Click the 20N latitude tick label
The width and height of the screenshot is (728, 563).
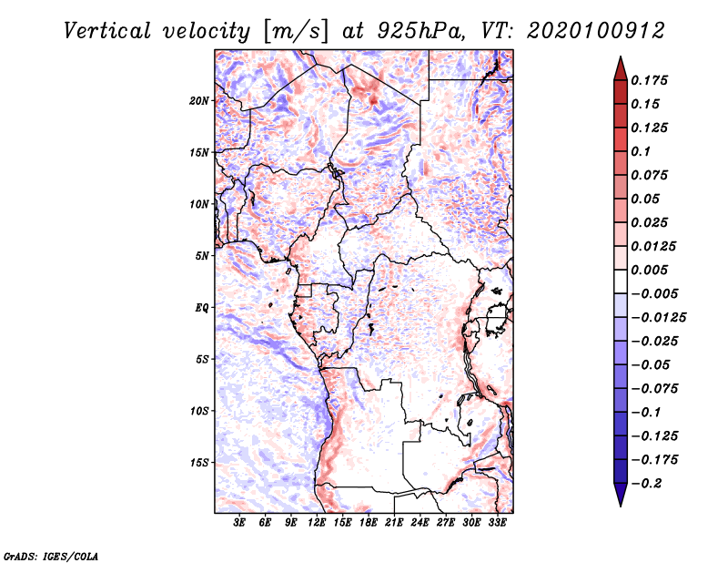click(198, 101)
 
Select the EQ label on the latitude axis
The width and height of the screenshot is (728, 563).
click(201, 308)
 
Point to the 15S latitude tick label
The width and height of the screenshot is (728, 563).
click(199, 463)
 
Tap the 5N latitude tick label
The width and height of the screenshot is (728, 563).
click(201, 256)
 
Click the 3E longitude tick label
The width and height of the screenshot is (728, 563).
click(239, 523)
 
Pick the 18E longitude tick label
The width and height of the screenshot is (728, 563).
click(369, 523)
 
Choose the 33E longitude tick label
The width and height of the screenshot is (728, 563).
click(497, 523)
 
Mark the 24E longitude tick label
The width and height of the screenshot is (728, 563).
click(420, 523)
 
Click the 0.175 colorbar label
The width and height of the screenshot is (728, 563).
click(649, 80)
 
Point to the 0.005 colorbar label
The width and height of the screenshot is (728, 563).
click(649, 270)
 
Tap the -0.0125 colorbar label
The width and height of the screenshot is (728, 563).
click(658, 318)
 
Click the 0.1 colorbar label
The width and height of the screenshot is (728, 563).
click(641, 151)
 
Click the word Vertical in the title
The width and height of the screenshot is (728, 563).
click(107, 31)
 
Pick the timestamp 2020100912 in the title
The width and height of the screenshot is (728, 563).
click(596, 31)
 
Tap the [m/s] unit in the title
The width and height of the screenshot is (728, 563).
click(296, 32)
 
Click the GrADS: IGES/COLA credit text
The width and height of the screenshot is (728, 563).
click(51, 557)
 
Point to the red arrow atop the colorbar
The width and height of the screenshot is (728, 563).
click(621, 68)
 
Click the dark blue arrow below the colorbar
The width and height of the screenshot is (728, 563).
click(621, 495)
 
